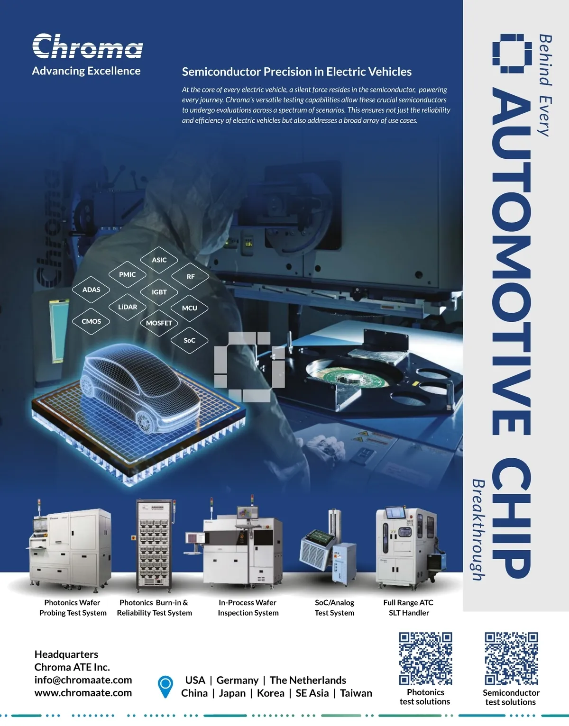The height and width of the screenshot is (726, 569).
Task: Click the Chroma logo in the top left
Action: tap(88, 46)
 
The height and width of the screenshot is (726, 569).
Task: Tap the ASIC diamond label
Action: tap(159, 260)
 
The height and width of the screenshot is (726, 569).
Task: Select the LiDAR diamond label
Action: tap(128, 307)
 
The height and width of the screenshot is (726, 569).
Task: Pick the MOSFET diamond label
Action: tap(159, 323)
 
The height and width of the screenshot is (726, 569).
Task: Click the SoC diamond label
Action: tap(189, 340)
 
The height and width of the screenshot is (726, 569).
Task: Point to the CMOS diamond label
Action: tap(91, 321)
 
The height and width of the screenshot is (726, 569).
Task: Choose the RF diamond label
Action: tap(191, 277)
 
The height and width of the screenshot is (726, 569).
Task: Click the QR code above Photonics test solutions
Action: tap(425, 658)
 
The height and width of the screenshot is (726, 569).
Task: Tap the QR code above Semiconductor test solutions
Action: tap(512, 658)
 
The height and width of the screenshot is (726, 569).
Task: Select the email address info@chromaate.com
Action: tap(83, 680)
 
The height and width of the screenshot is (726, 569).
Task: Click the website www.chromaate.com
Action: tap(83, 692)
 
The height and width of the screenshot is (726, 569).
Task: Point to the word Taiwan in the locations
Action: tap(356, 693)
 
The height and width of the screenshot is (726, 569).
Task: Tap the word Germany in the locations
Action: tap(238, 680)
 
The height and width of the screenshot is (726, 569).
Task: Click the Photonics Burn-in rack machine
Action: tap(154, 545)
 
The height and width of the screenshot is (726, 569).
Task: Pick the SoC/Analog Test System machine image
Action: tap(328, 547)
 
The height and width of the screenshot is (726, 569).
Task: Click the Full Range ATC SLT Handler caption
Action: tap(408, 608)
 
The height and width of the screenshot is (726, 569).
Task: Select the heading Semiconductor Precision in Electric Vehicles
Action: tap(296, 72)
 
